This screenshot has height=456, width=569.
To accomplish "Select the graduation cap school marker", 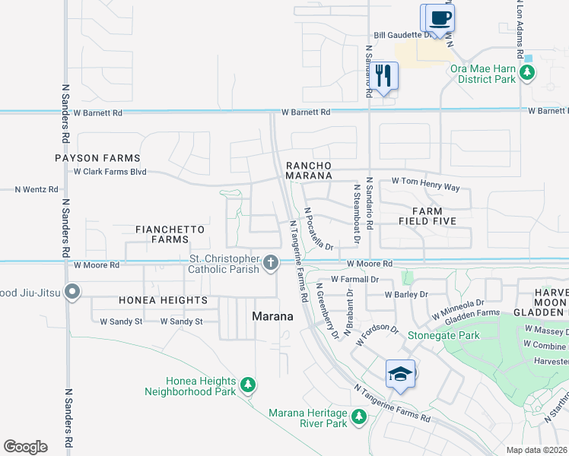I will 401,375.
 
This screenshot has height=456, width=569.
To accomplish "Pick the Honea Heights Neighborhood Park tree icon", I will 247,386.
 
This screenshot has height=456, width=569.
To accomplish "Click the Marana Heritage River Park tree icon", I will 358,417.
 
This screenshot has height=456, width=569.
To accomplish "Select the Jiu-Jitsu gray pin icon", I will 72,292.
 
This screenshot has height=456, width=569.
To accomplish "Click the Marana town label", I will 273,316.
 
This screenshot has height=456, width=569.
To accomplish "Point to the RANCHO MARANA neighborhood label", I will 309,170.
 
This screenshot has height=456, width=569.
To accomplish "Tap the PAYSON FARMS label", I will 97,158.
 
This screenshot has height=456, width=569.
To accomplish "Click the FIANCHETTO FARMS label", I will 161,234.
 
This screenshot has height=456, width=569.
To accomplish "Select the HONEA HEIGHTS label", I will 163,300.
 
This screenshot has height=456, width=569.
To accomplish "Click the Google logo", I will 25,447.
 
